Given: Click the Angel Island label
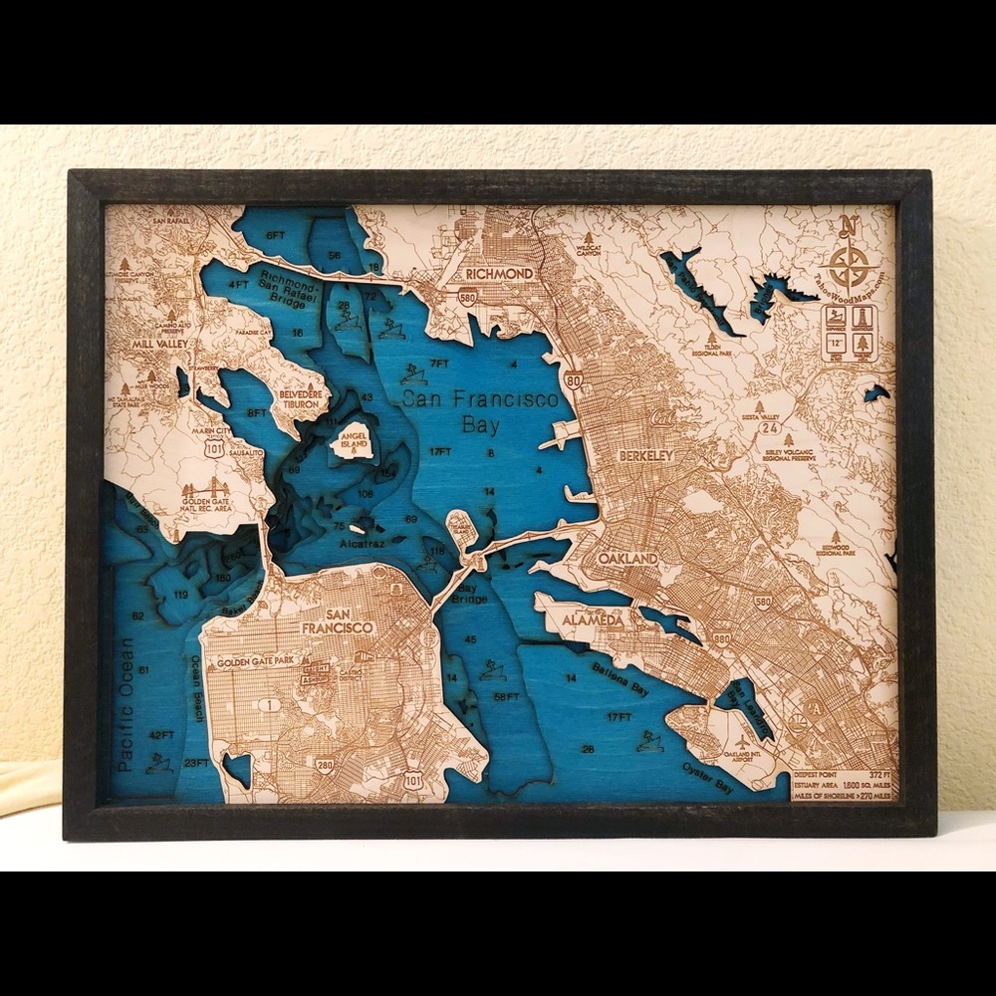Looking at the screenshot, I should pos(354,441).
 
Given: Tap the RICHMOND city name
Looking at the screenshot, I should pos(499,273).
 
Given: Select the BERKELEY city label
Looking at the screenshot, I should pos(646,455).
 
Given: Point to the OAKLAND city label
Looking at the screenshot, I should pos(628,559).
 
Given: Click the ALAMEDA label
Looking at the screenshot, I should pos(593,620).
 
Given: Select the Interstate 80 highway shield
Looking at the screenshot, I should pos(573,378).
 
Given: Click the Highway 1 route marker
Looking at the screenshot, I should pos(266,705).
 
